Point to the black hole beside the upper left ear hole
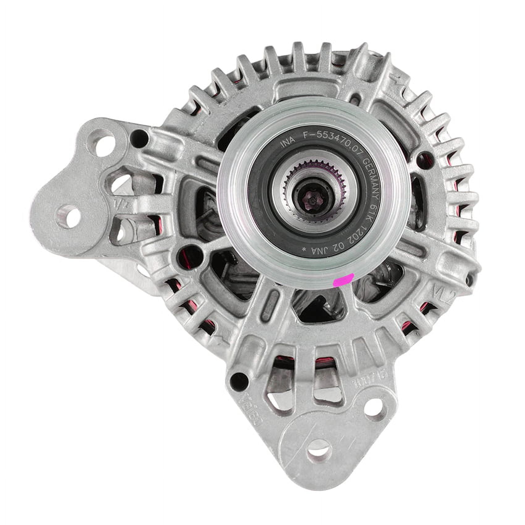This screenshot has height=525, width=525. click(x=139, y=136)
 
